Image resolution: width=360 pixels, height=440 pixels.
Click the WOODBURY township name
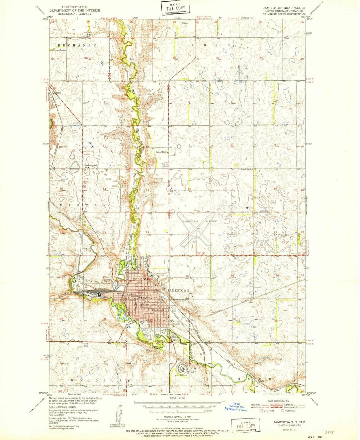tap(100, 380)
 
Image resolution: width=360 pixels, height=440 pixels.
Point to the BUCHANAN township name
tap(77, 45)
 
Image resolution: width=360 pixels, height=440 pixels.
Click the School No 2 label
tap(248, 169)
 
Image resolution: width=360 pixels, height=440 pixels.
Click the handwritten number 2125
tap(331, 431)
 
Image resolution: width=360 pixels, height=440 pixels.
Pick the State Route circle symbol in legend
tap(284, 411)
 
